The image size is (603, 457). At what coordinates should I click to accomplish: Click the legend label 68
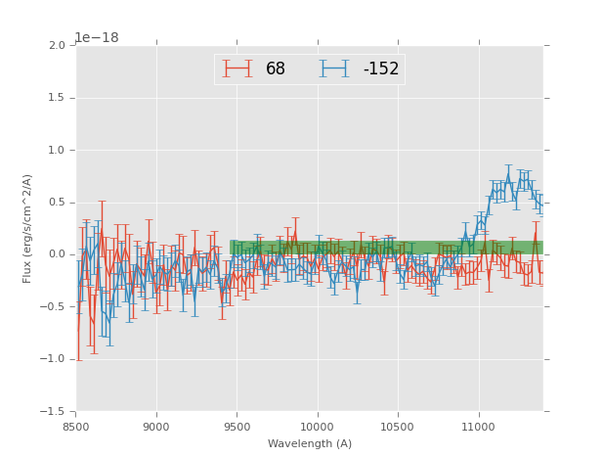point(276,69)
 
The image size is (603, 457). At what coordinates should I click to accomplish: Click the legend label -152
point(381,69)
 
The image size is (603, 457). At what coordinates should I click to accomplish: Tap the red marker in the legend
point(237,69)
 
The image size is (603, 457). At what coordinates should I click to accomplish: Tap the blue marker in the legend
point(334,69)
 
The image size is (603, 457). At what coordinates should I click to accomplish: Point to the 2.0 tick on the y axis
point(59,46)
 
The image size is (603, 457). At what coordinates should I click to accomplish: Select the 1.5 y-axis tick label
point(59,98)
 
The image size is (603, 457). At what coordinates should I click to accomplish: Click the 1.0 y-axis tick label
point(59,151)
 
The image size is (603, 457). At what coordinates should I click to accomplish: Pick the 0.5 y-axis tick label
point(59,203)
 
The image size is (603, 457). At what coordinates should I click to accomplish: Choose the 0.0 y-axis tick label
point(59,254)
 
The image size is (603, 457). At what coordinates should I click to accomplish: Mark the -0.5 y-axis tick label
point(56,307)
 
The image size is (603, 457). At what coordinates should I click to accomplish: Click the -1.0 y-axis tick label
point(56,359)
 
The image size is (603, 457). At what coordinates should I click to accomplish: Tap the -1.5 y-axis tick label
point(56,412)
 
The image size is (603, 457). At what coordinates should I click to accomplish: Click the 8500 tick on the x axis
point(76,427)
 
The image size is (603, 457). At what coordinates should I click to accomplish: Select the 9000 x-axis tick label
point(156,427)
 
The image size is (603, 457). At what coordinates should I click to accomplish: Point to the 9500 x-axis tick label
point(237,427)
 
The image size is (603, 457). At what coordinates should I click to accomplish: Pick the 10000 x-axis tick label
point(317,427)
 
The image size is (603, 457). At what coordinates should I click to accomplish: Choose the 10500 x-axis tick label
point(397,427)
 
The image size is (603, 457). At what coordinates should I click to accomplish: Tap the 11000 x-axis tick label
point(478,427)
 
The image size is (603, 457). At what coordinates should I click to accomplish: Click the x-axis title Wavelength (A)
point(310,444)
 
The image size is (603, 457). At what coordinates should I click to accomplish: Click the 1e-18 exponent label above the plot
point(97,38)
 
